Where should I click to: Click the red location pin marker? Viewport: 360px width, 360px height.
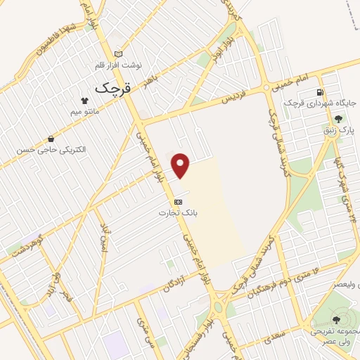[181, 165]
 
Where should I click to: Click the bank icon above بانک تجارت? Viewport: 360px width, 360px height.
[177, 201]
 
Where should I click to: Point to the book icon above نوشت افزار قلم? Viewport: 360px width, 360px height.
[118, 54]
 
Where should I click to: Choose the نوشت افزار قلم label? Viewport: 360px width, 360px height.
[120, 65]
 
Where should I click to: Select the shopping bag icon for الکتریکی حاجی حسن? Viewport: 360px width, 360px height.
[51, 139]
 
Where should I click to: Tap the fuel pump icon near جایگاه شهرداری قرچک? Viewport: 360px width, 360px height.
[321, 92]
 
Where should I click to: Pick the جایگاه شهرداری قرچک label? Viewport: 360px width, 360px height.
[321, 103]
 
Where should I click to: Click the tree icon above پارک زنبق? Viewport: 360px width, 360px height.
[339, 119]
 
